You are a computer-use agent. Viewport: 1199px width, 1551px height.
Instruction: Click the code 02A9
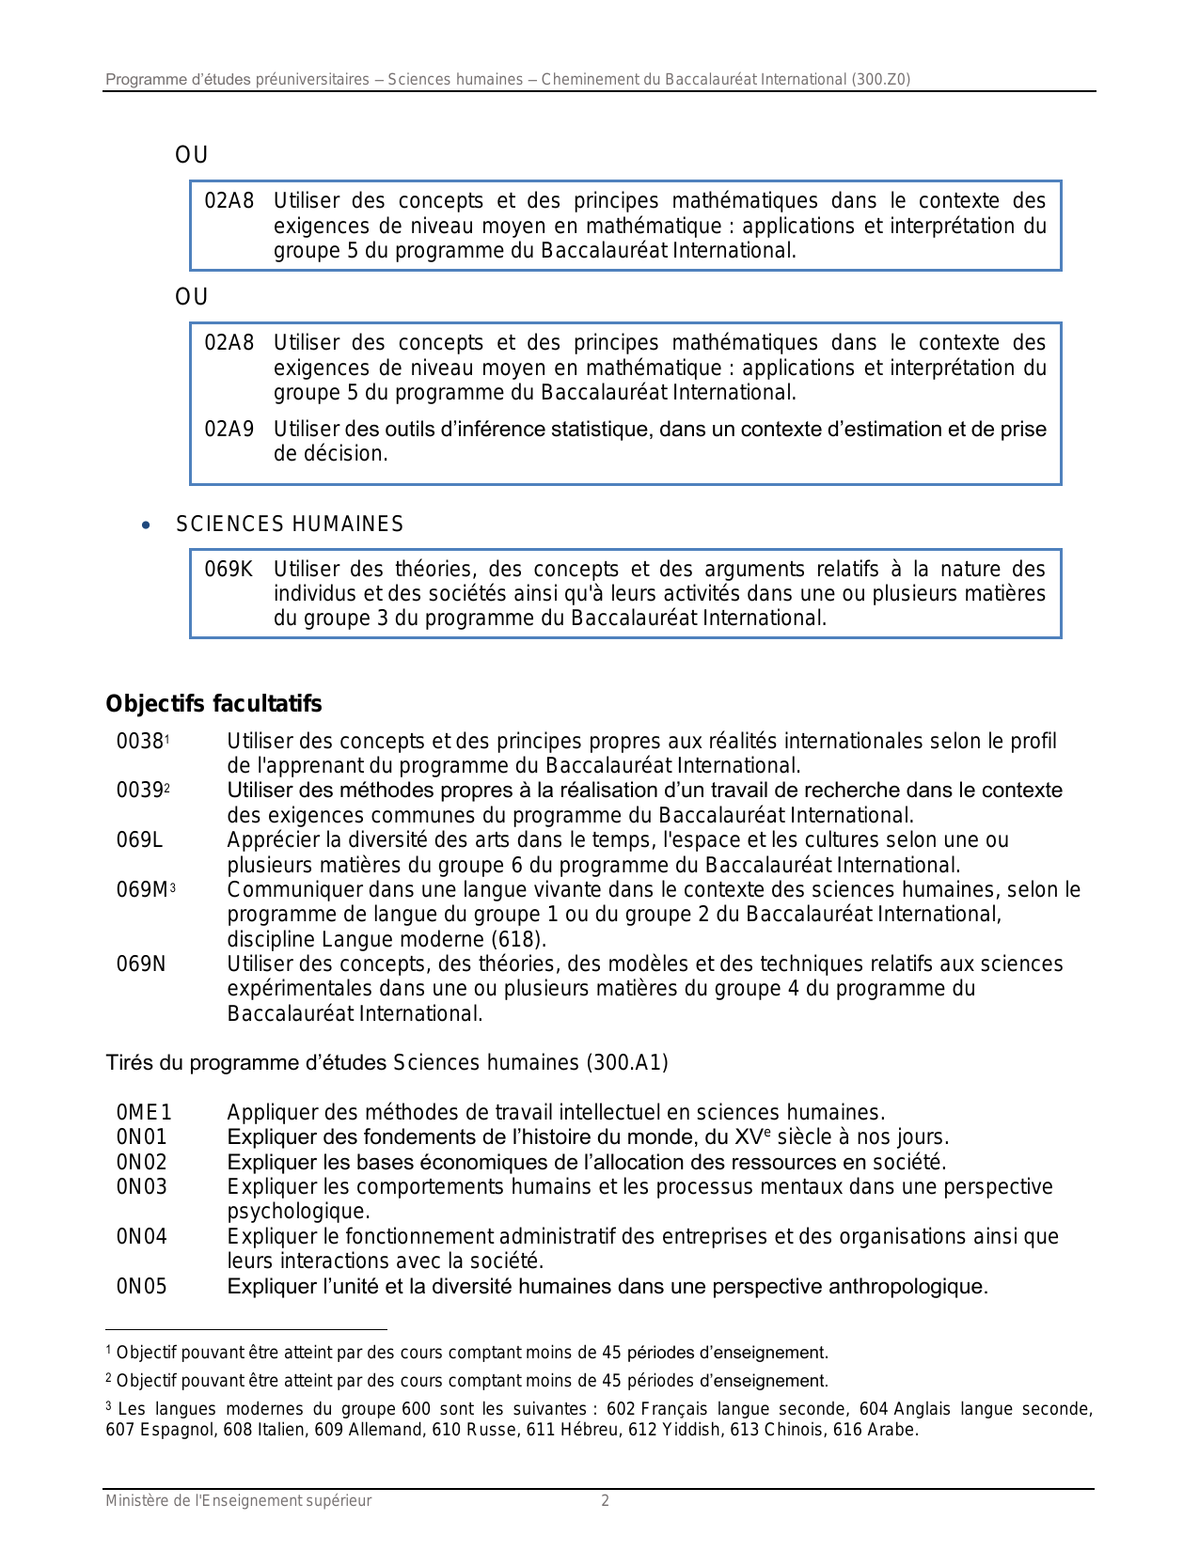[229, 430]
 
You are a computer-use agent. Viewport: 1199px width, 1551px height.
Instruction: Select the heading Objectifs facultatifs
[213, 704]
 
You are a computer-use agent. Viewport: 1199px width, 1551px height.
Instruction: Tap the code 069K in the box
[229, 570]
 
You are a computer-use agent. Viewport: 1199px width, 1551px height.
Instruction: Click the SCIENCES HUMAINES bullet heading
[290, 525]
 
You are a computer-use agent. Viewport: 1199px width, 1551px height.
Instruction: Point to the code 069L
[139, 840]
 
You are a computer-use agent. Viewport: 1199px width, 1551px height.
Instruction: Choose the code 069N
[141, 964]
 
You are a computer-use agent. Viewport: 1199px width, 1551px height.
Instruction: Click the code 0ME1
[144, 1114]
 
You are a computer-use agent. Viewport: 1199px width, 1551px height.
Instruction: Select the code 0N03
[141, 1187]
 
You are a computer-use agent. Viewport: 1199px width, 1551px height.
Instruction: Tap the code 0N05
[141, 1287]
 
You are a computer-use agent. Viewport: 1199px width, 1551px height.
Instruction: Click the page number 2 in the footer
[606, 1501]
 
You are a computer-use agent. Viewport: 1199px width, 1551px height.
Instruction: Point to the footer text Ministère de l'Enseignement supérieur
[238, 1501]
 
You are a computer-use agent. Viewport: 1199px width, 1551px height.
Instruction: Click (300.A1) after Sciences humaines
[627, 1063]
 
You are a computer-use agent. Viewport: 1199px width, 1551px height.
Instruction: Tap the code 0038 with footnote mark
[141, 742]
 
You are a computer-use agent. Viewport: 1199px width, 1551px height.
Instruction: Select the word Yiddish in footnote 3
[690, 1431]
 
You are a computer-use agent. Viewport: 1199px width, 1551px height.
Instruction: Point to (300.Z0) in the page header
[881, 80]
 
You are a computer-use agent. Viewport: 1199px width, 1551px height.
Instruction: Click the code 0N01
[141, 1138]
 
